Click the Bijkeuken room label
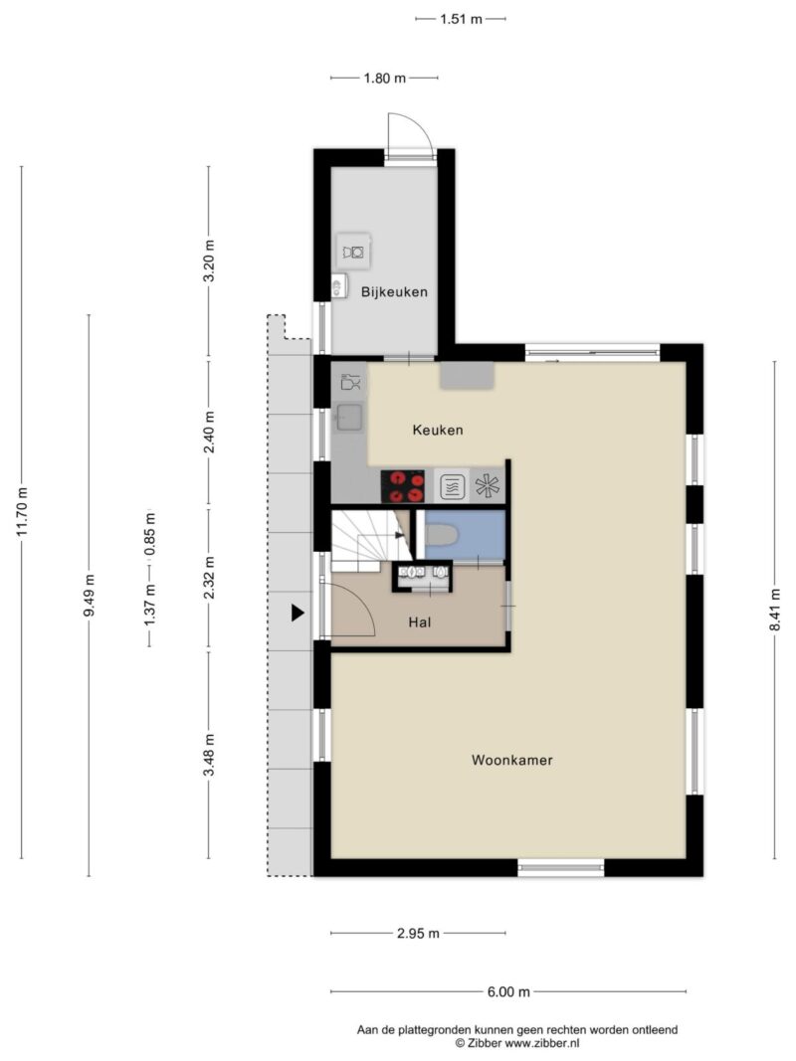click(394, 292)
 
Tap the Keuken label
click(438, 430)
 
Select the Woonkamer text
click(511, 760)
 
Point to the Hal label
click(420, 621)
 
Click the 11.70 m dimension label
click(22, 512)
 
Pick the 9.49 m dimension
click(89, 596)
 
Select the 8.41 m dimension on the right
click(775, 609)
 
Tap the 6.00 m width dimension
click(508, 992)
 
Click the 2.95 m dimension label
click(418, 934)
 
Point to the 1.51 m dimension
click(461, 19)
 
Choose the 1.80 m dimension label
click(384, 78)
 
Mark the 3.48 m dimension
click(209, 755)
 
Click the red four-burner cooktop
click(402, 486)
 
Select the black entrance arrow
click(298, 614)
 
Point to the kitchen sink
click(349, 418)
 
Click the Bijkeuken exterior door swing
click(410, 135)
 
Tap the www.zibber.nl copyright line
click(516, 1043)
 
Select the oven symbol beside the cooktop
click(452, 486)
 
